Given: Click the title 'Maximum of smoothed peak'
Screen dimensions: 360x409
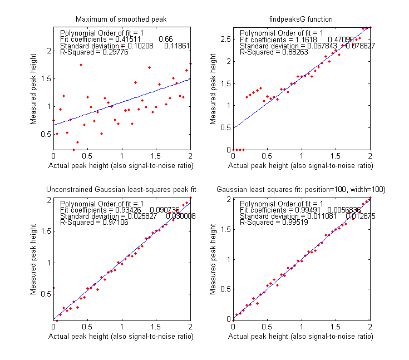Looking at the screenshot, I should tap(122, 19).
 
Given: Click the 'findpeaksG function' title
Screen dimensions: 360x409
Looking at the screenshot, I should tap(302, 19).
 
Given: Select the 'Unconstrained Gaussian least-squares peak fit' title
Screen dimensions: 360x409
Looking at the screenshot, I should tap(122, 190).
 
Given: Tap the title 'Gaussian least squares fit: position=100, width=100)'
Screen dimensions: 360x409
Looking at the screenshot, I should tap(302, 190).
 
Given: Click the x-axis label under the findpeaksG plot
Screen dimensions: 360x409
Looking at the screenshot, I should tap(302, 166).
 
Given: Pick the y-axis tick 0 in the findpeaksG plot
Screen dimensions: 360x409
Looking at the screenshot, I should tap(228, 150).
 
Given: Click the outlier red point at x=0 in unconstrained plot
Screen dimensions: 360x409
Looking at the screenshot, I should tap(53, 288).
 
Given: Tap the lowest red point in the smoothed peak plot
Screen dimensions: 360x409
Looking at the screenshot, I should tap(73, 149).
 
